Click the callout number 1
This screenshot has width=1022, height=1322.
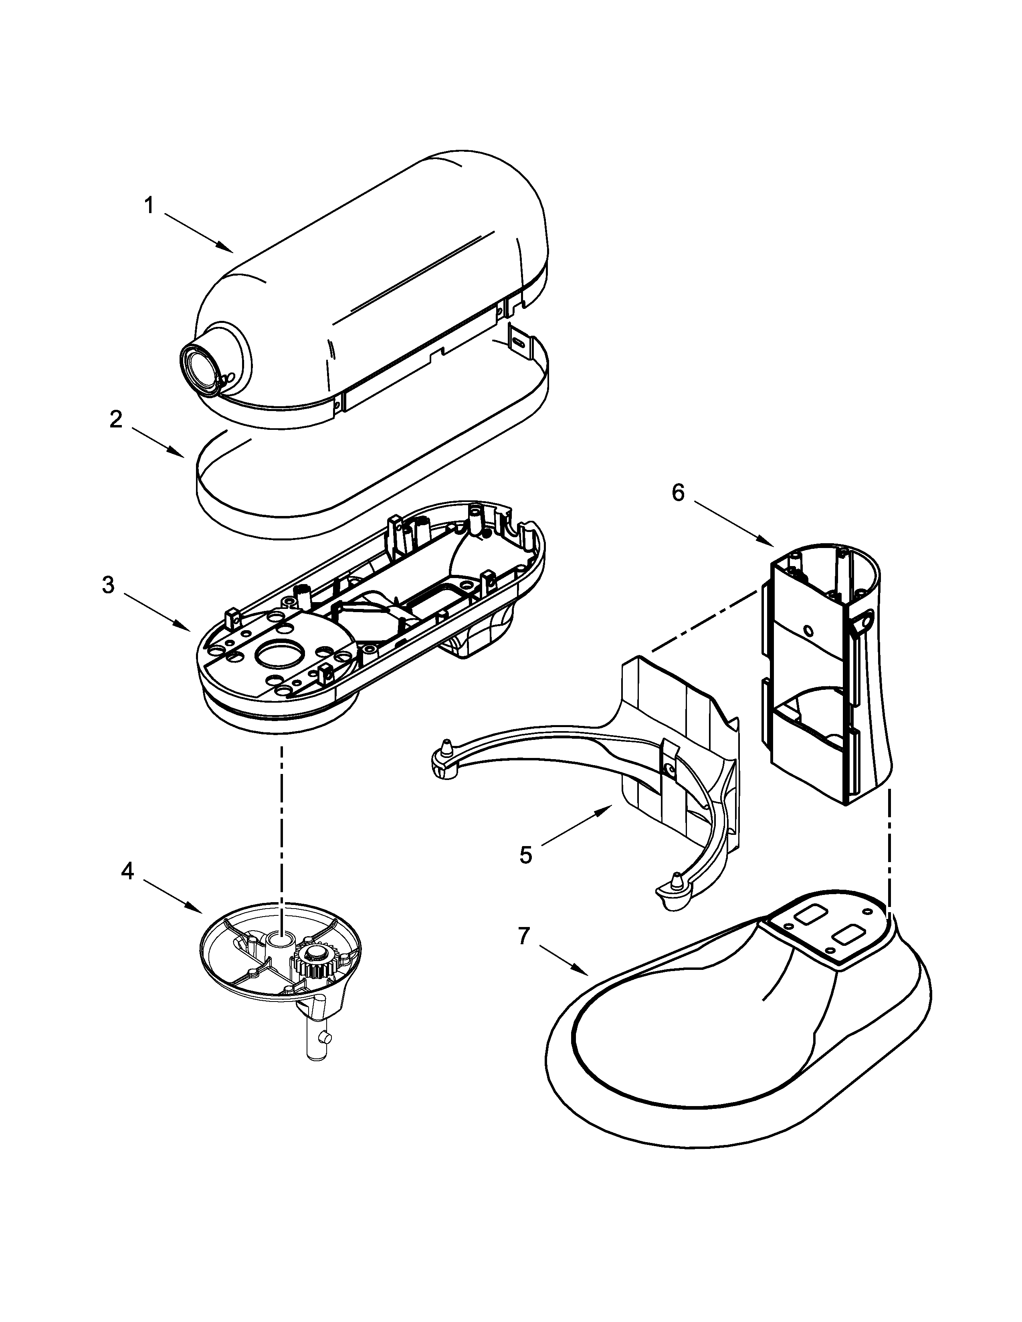click(148, 206)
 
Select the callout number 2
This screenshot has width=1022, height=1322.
click(116, 419)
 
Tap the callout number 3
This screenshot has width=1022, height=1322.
click(108, 585)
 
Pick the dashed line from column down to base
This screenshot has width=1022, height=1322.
click(889, 853)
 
